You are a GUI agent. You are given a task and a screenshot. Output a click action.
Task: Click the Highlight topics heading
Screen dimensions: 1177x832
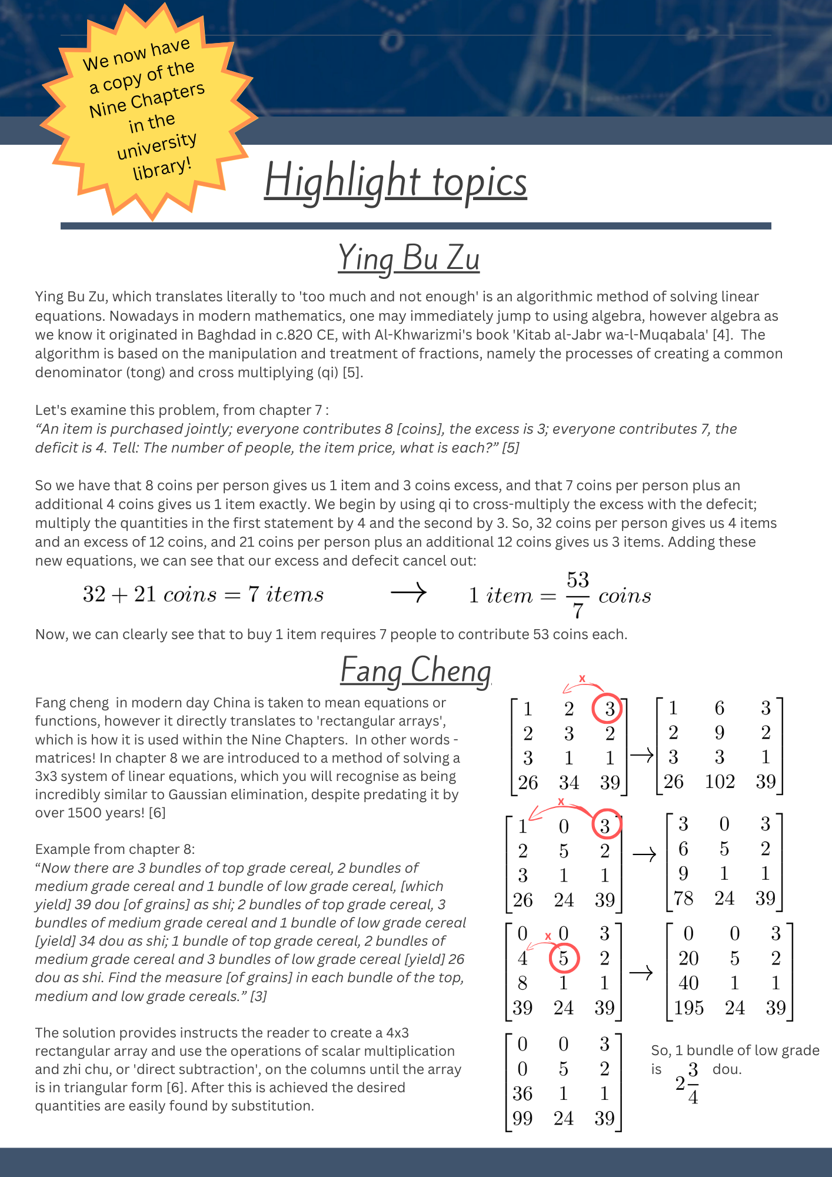[x=395, y=181]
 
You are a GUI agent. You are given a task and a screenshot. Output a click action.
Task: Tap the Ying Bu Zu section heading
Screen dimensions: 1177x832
[x=409, y=258]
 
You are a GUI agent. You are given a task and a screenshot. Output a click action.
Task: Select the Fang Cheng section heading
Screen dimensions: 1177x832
[x=415, y=670]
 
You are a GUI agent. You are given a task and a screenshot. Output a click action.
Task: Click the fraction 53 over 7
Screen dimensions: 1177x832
[x=578, y=594]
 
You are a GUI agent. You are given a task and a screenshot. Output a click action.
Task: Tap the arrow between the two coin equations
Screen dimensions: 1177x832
[x=408, y=592]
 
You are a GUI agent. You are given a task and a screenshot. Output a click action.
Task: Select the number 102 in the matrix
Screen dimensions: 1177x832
[x=720, y=782]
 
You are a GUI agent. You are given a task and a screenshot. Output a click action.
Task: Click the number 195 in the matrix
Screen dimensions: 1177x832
[x=688, y=1008]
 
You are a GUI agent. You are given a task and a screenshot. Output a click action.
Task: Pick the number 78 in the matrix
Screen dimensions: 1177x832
[x=683, y=898]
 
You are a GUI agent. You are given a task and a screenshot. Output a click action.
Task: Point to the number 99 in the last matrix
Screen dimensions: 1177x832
[x=523, y=1118]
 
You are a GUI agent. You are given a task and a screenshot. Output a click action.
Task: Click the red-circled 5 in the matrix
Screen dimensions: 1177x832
[x=564, y=958]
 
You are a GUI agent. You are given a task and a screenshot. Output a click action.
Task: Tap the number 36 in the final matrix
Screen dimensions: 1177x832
[x=523, y=1093]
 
